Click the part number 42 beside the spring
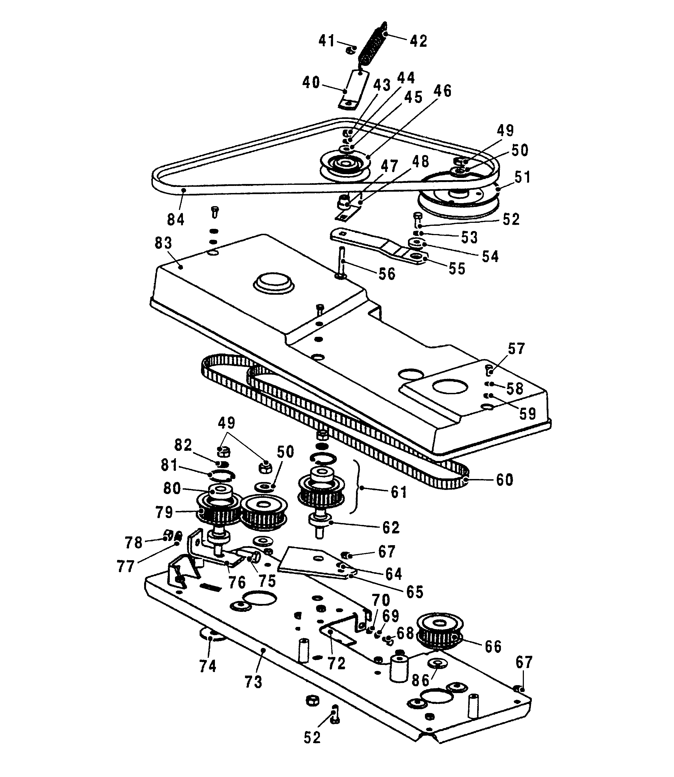(x=418, y=41)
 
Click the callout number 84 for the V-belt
(x=176, y=219)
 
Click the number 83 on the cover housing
(x=163, y=243)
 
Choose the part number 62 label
(x=391, y=527)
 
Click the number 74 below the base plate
(x=208, y=666)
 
